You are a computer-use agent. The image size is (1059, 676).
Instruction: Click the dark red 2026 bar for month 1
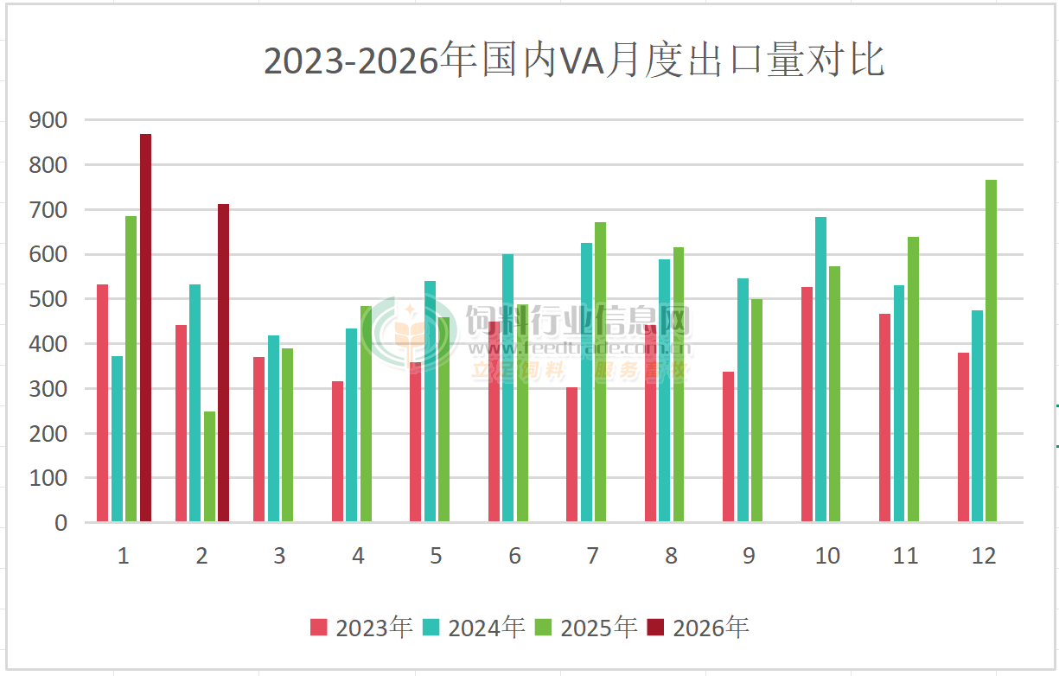tap(145, 328)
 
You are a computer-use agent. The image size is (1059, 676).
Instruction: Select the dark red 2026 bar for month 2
tap(223, 362)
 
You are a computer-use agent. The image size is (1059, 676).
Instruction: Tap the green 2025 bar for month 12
tap(991, 350)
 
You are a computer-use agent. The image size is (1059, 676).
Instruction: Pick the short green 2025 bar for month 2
tap(209, 466)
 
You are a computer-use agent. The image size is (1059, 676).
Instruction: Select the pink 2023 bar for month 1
tap(102, 403)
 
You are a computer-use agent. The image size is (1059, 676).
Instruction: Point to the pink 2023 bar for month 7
tap(572, 454)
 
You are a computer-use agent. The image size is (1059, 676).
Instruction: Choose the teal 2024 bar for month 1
tap(117, 438)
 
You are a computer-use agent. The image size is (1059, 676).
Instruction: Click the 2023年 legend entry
tap(361, 627)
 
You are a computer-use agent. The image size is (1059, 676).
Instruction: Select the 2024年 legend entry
tap(474, 627)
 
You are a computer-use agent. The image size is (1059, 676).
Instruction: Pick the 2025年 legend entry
tap(586, 627)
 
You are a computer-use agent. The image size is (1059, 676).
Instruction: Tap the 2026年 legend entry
tap(699, 627)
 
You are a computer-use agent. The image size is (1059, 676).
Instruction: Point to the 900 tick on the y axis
tap(48, 120)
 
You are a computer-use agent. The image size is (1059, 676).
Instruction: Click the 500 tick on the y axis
tap(48, 299)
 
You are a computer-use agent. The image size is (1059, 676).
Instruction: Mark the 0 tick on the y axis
tap(60, 523)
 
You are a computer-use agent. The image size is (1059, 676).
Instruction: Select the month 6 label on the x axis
tap(514, 556)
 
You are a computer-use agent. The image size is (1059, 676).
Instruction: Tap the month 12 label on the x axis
tap(984, 556)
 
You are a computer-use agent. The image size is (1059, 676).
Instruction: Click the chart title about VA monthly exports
tap(573, 62)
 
